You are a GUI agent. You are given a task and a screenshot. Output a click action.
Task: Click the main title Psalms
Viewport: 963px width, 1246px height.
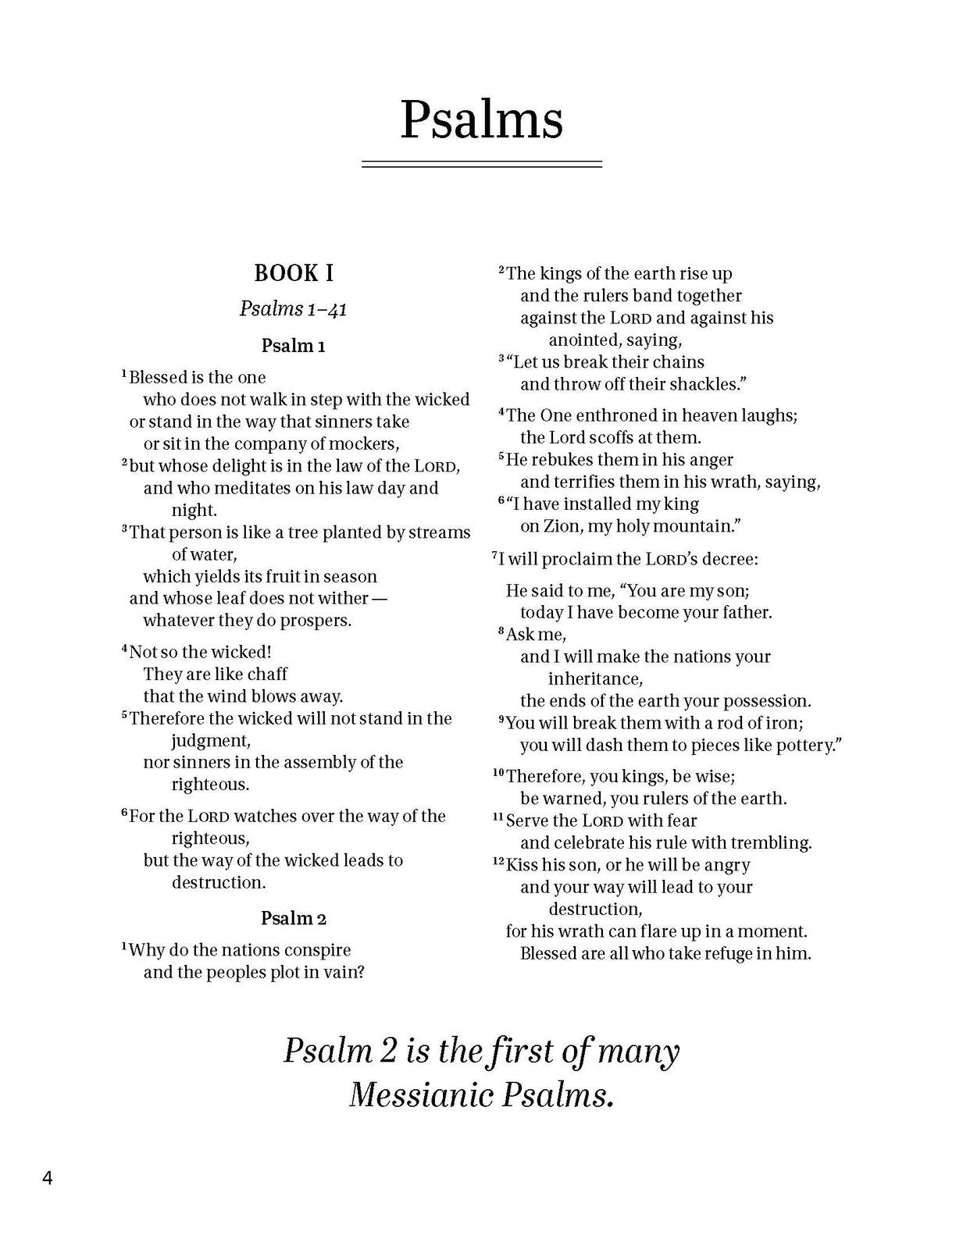pyautogui.click(x=481, y=120)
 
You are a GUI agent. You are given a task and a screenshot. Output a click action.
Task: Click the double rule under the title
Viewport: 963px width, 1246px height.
pyautogui.click(x=481, y=164)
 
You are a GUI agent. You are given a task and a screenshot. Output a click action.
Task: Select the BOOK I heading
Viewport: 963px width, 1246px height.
pyautogui.click(x=294, y=273)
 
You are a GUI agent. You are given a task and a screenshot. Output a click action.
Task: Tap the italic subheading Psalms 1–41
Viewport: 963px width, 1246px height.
pyautogui.click(x=294, y=309)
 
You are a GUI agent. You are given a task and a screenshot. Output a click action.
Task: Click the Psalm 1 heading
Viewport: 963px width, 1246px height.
pyautogui.click(x=294, y=346)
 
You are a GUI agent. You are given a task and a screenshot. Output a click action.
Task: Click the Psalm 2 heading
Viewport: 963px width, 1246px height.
pyautogui.click(x=294, y=918)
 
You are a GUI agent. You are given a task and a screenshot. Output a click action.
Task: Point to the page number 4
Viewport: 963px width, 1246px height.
pyautogui.click(x=48, y=1177)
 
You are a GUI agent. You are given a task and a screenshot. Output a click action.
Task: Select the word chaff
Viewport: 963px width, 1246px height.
pyautogui.click(x=268, y=674)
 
